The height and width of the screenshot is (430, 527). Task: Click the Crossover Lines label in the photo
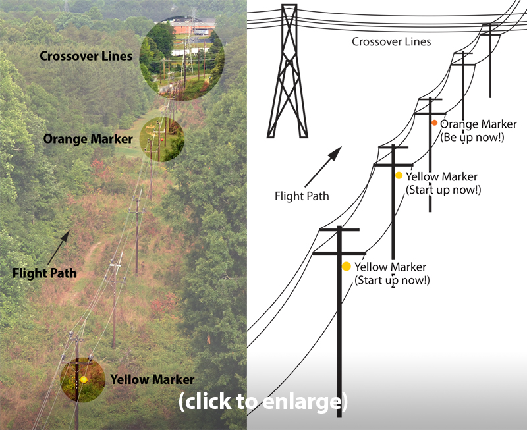click(x=86, y=56)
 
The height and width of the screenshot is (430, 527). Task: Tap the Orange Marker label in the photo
click(x=88, y=139)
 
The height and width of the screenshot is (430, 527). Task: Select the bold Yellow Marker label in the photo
click(x=152, y=380)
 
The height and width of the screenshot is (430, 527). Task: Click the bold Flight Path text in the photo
click(x=45, y=273)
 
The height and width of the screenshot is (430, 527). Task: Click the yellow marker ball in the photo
click(x=84, y=380)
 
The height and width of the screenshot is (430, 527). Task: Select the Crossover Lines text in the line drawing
click(x=391, y=42)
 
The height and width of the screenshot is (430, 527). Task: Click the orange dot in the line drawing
click(x=435, y=123)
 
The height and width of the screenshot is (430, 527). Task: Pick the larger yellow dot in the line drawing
click(x=347, y=267)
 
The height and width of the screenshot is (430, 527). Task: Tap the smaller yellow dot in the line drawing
click(x=399, y=175)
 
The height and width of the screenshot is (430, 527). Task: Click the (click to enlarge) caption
click(x=262, y=400)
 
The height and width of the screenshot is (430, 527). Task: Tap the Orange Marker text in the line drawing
click(x=478, y=124)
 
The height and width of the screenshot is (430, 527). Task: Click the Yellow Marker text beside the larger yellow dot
click(x=390, y=267)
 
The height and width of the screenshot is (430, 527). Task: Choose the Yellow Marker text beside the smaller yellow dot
click(x=441, y=176)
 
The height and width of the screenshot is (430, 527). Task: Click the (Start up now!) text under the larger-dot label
click(x=392, y=280)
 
